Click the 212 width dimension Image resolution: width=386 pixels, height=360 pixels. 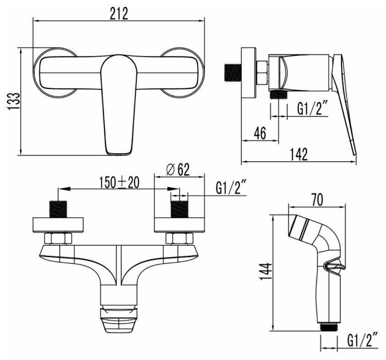[118, 14]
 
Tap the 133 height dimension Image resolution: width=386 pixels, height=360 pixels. [14, 101]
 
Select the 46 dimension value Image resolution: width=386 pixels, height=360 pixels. [260, 133]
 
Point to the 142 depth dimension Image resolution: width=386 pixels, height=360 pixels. [299, 154]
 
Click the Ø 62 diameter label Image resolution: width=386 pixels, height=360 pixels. [178, 169]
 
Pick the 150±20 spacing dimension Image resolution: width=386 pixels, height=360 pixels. [119, 182]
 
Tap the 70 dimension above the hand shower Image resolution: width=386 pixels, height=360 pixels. [317, 200]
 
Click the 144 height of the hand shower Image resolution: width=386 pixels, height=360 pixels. [266, 271]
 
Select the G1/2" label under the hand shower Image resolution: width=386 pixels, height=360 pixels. [362, 339]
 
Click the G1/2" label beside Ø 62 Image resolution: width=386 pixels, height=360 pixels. [231, 187]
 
